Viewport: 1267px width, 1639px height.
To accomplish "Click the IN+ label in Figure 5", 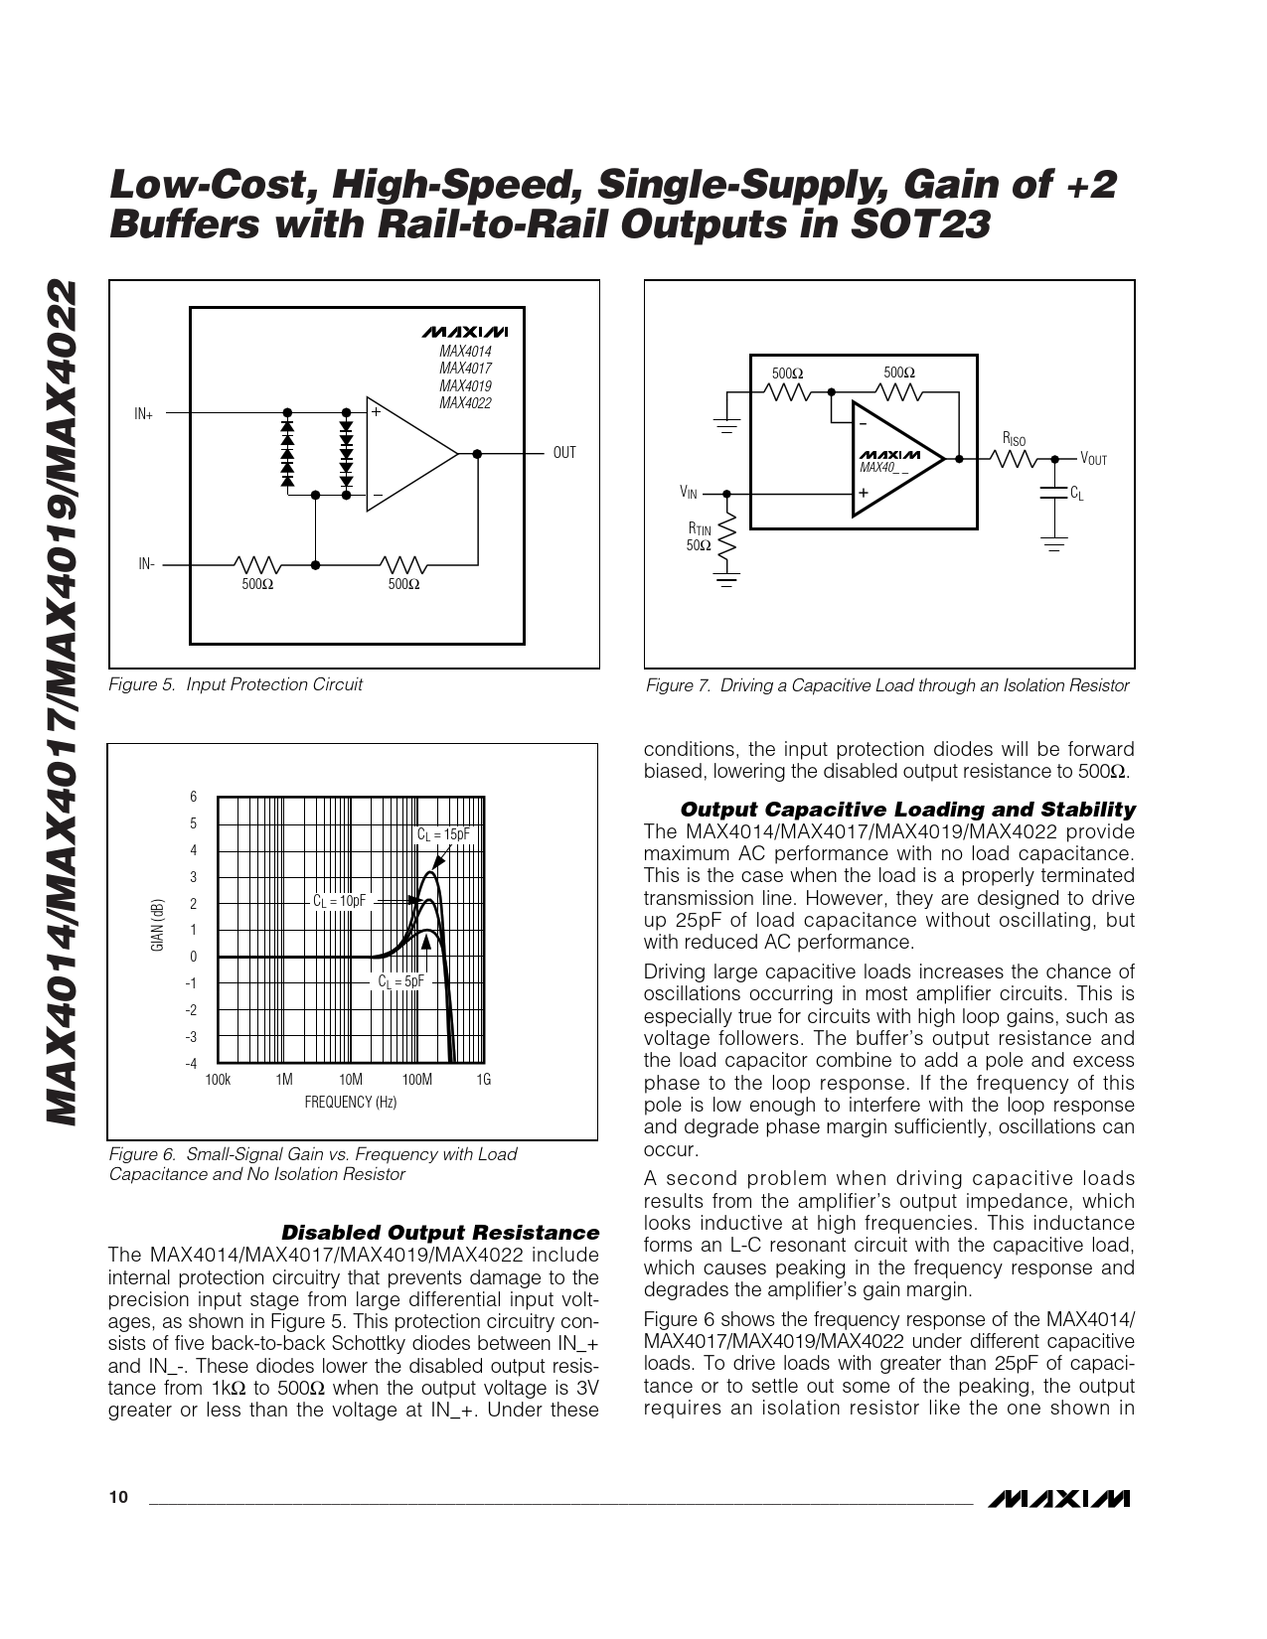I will [144, 413].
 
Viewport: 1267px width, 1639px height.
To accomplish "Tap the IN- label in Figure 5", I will [146, 564].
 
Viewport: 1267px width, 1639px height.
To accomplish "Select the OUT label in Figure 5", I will [564, 453].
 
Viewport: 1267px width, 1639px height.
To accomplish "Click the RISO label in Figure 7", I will [1014, 440].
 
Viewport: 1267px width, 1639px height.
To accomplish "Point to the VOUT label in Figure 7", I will [1093, 459].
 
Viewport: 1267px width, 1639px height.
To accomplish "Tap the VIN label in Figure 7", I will [689, 492].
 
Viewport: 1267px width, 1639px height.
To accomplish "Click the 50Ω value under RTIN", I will [699, 545].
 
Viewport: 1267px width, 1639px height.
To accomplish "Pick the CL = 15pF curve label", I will [442, 834].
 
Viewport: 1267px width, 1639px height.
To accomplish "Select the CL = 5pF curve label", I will [400, 980].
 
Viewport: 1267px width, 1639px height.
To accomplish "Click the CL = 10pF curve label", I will [339, 900].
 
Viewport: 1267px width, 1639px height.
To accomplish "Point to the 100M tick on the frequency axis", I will [416, 1080].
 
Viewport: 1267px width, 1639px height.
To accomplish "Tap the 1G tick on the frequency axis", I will [484, 1080].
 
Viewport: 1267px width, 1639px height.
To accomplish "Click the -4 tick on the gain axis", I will [192, 1063].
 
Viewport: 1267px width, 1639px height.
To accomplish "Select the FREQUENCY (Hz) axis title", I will [350, 1102].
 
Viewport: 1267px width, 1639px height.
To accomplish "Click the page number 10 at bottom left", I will [118, 1499].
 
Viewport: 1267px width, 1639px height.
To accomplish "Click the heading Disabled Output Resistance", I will [440, 1233].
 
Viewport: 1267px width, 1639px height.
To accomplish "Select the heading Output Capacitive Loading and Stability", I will [907, 809].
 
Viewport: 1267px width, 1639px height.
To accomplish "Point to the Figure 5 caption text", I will [235, 684].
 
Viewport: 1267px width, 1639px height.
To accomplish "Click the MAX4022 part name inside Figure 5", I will [465, 403].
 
